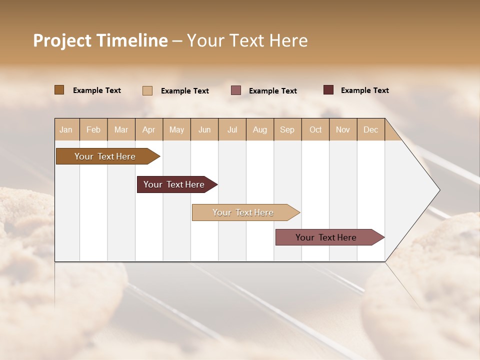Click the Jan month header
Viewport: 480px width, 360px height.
[66, 129]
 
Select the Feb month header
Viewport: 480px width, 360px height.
[93, 129]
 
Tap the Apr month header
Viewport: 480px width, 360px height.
[148, 129]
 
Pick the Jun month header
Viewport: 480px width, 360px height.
[204, 129]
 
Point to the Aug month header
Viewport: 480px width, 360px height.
[259, 129]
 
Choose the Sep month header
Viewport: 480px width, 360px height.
[287, 129]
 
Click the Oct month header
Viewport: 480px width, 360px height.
[315, 129]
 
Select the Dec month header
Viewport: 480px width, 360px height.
[370, 129]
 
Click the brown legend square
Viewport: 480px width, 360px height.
[59, 90]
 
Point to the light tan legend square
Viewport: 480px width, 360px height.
[147, 90]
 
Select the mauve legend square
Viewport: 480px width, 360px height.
[236, 90]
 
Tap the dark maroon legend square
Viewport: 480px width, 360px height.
[328, 90]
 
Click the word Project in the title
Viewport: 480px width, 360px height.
[62, 40]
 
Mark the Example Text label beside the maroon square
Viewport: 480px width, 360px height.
[364, 90]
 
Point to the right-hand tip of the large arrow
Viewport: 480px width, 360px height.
[439, 190]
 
